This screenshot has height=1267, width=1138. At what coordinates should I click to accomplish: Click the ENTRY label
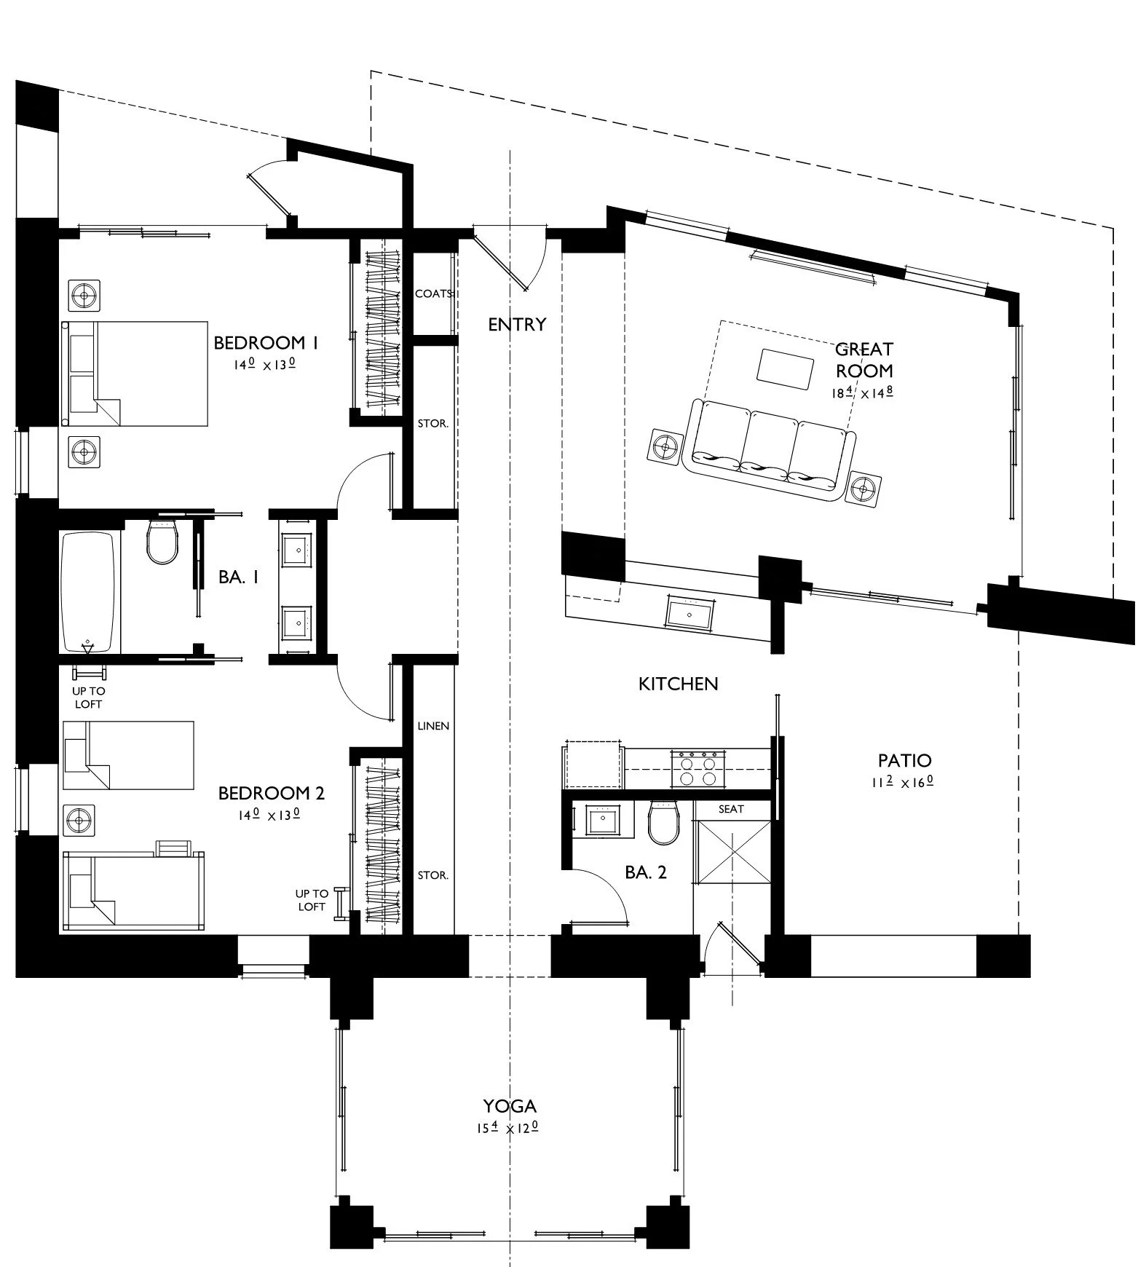pyautogui.click(x=517, y=325)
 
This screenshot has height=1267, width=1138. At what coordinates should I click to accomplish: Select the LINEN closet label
pyautogui.click(x=433, y=726)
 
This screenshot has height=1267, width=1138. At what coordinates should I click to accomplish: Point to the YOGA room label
pyautogui.click(x=510, y=1106)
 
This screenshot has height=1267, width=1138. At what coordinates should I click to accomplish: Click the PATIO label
pyautogui.click(x=904, y=761)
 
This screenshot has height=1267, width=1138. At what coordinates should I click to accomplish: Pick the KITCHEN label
pyautogui.click(x=678, y=684)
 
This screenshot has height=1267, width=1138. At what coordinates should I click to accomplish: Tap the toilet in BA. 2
pyautogui.click(x=663, y=822)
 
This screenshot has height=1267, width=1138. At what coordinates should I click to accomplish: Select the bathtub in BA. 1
pyautogui.click(x=88, y=592)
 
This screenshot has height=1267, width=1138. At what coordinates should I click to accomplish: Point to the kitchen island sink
pyautogui.click(x=689, y=612)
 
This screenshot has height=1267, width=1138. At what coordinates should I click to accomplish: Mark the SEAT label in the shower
pyautogui.click(x=731, y=809)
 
